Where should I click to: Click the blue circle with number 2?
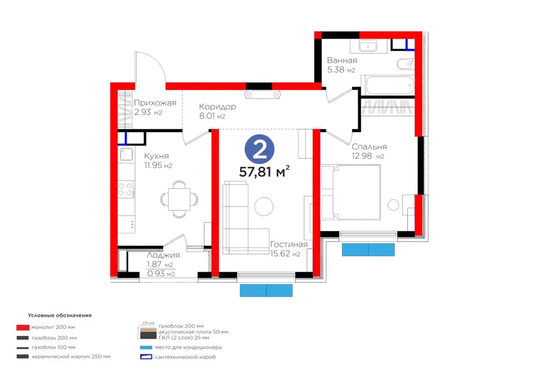point(259,150)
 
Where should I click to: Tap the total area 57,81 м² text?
point(264,171)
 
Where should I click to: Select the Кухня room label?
point(157,156)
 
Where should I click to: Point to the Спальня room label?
point(369,147)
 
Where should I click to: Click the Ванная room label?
point(342,60)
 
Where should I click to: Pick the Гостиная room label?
point(289,244)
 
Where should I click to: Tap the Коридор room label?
point(217,107)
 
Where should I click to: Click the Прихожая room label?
point(155,103)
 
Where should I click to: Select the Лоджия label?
point(163,255)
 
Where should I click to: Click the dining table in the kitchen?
point(179,199)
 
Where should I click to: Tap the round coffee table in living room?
point(264,207)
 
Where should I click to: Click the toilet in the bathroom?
point(404,64)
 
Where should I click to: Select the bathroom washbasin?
point(368,46)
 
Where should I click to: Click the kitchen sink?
point(127,154)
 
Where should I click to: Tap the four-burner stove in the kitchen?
point(126,189)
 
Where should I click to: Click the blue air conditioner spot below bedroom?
point(368,250)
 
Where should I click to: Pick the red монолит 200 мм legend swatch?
point(23,327)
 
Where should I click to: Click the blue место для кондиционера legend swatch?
point(146,347)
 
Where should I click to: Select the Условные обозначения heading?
point(59,315)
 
